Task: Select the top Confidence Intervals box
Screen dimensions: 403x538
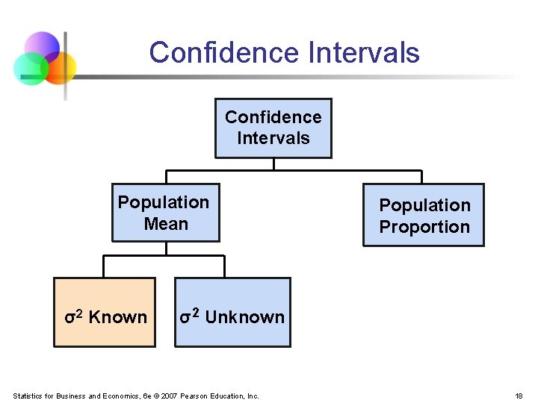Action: click(x=273, y=128)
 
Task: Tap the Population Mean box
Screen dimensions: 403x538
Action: click(x=165, y=213)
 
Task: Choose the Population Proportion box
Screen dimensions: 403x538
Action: click(x=424, y=216)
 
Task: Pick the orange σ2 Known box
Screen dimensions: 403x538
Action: click(x=105, y=312)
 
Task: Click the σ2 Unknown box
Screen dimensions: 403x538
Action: click(x=232, y=312)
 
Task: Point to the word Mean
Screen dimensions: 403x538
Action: click(x=166, y=224)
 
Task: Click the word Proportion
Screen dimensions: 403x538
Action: click(x=424, y=227)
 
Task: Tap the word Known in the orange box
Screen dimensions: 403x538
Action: click(x=118, y=317)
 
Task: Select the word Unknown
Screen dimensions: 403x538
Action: click(x=244, y=317)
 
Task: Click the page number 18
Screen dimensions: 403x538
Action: click(x=519, y=396)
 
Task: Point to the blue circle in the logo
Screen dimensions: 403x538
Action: click(x=42, y=46)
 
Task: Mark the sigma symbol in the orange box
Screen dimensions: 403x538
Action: click(x=69, y=318)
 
